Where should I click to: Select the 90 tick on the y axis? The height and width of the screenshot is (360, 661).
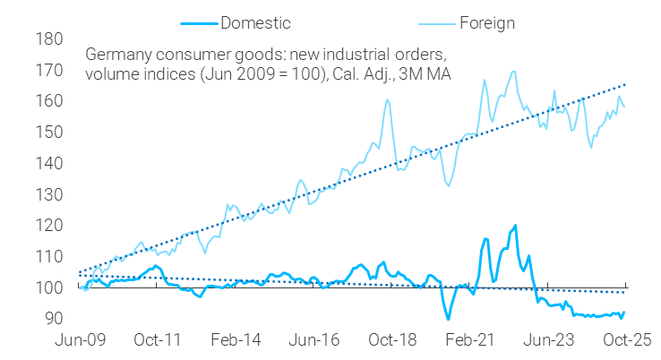(54, 319)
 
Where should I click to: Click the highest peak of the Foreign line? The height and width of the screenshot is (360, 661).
(513, 72)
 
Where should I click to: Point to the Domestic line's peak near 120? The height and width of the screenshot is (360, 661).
(515, 226)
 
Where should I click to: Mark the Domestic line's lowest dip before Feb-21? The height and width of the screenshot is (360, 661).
(447, 319)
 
